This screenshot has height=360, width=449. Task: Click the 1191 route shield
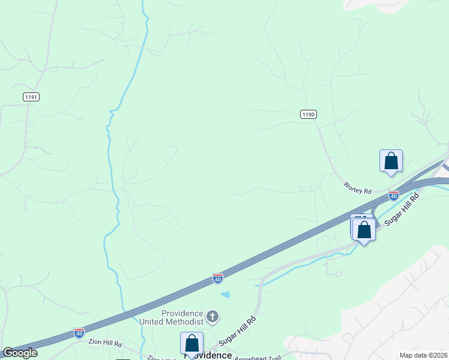pos(32,97)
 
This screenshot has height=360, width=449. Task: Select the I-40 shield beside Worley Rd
pos(394,195)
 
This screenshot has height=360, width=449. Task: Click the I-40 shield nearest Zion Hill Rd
pos(79,332)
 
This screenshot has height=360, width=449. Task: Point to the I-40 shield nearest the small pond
pos(218,278)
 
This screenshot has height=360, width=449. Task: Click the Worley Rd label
pos(358,187)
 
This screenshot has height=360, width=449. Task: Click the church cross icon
pos(212,316)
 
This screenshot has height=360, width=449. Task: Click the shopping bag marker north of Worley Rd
pos(391,161)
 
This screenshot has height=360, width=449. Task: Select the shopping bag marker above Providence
pos(191,343)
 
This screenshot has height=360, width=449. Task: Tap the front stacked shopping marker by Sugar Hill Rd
pos(364,230)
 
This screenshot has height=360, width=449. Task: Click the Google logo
pos(20,353)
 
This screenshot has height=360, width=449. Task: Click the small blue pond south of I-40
pos(225,295)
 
